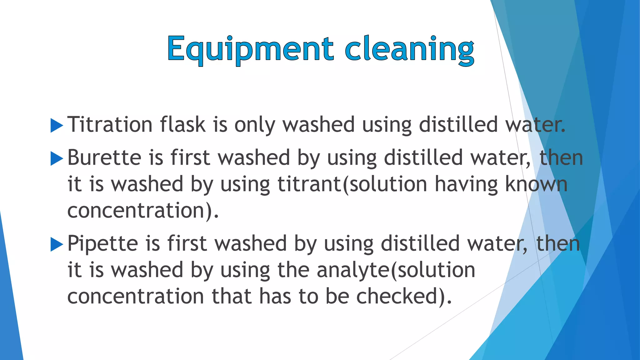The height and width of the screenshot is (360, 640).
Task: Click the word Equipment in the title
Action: (250, 49)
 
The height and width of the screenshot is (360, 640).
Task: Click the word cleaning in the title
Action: (409, 49)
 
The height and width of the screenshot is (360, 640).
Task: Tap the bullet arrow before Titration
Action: (57, 126)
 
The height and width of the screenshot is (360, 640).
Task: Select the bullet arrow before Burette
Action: (57, 158)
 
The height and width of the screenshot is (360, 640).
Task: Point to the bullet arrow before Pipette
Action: (57, 244)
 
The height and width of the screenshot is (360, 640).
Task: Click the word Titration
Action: (110, 124)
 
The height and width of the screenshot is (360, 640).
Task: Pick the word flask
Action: (183, 124)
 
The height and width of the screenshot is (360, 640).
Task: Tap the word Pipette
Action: (102, 244)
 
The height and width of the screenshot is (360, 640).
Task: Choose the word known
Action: (536, 184)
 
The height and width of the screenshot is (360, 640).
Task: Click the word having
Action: (466, 185)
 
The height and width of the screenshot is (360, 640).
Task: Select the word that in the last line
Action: (232, 296)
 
